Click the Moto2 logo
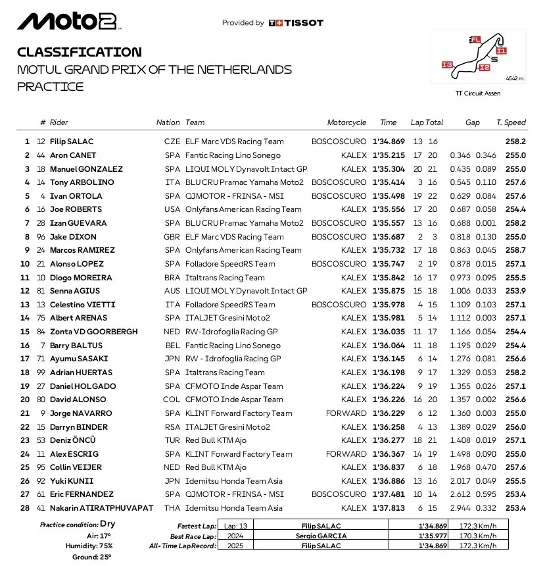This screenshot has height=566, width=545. tap(67, 22)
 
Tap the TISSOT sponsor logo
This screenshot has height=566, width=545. tap(296, 23)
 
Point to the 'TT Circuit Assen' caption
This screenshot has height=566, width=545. tap(478, 93)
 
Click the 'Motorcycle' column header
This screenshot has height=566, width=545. tap(346, 122)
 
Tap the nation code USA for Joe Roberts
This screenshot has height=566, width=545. tap(172, 209)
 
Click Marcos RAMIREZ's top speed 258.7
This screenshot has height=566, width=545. tap(515, 250)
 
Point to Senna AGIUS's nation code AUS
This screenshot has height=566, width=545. tap(172, 291)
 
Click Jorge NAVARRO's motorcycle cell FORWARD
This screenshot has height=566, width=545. tap(346, 413)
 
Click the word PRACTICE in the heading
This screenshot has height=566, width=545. tap(51, 86)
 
